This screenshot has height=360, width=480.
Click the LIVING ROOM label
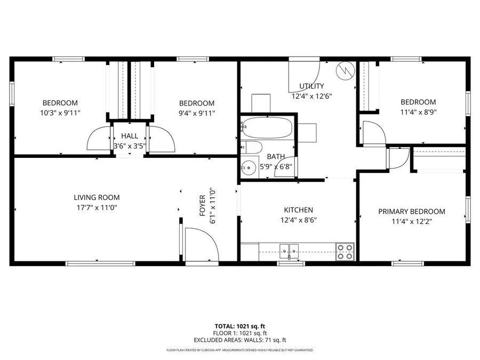click(97, 197)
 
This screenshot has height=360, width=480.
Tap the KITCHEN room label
click(298, 210)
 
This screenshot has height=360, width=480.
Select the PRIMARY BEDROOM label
click(411, 211)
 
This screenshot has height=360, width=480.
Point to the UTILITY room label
click(311, 86)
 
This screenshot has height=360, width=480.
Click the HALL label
click(129, 137)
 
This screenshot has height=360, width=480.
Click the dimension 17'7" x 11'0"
click(97, 207)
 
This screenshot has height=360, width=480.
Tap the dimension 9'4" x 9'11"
click(196, 113)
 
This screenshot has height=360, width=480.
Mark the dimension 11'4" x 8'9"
click(418, 112)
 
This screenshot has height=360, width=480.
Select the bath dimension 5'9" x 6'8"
click(276, 166)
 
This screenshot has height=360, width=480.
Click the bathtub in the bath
click(267, 128)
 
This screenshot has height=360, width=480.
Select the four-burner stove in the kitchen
click(345, 252)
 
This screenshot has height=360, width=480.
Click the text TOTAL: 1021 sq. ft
click(239, 325)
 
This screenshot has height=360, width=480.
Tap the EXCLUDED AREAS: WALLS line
click(239, 340)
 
